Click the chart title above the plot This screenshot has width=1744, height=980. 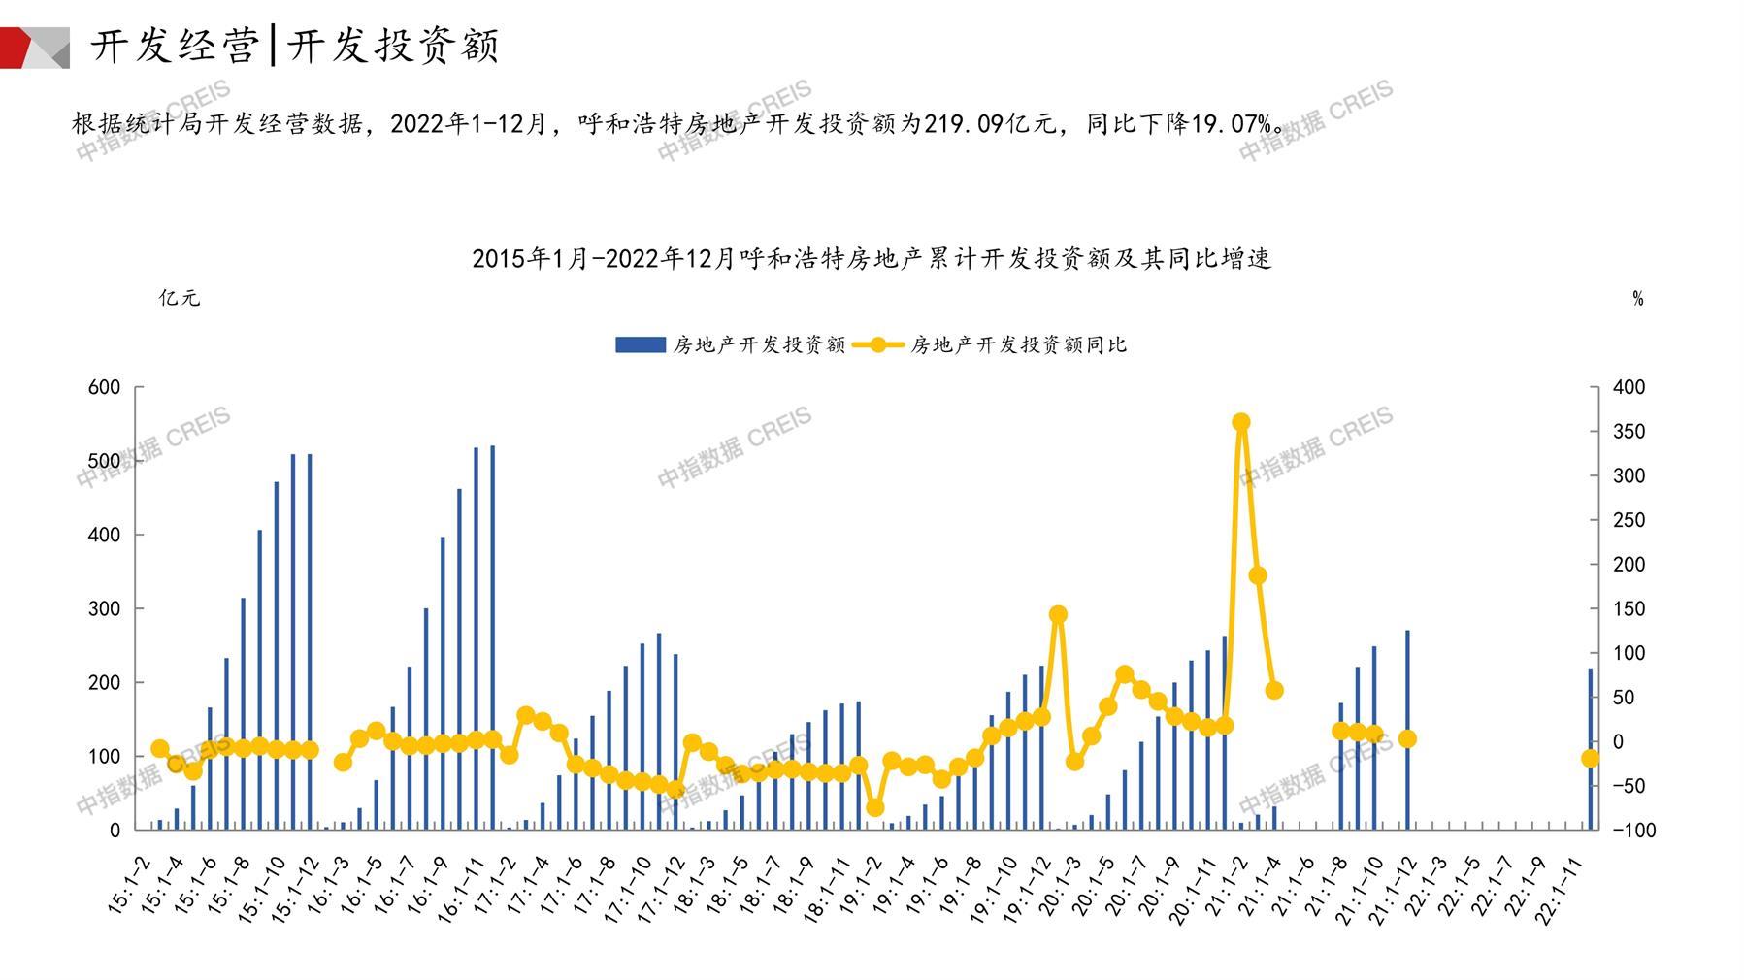click(x=871, y=258)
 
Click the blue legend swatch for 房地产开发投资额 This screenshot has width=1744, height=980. click(x=640, y=344)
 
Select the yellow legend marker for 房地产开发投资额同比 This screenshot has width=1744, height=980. click(x=878, y=344)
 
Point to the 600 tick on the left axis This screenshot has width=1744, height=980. click(x=104, y=387)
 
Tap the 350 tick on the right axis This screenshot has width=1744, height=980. click(x=1629, y=432)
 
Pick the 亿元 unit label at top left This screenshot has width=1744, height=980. click(x=180, y=298)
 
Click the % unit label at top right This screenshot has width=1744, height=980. click(x=1638, y=299)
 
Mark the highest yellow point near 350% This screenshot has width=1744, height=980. click(x=1241, y=422)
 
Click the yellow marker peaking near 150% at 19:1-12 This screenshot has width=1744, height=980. click(x=1059, y=614)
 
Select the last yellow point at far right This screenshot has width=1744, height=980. click(x=1591, y=759)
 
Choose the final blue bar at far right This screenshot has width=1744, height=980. click(x=1591, y=747)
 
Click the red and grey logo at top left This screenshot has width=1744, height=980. click(x=34, y=47)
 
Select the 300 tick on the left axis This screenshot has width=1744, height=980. click(x=104, y=608)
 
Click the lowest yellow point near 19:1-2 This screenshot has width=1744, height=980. click(x=875, y=807)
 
